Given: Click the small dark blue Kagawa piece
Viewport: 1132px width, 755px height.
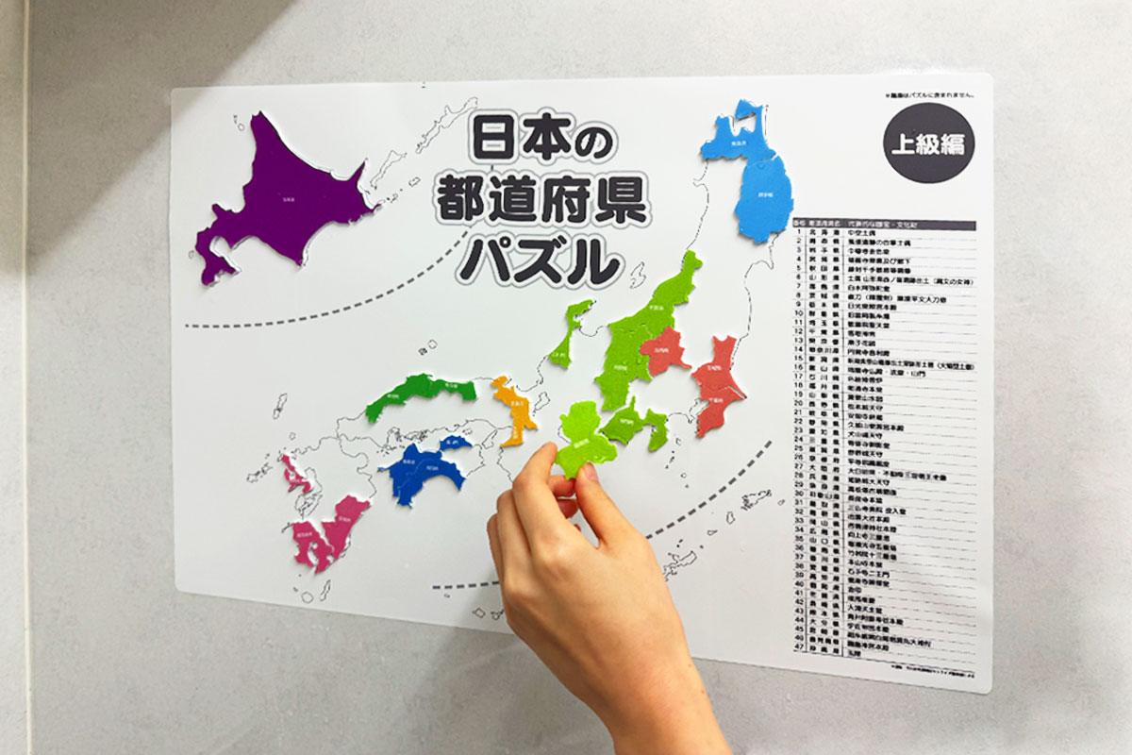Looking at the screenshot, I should [x=456, y=442].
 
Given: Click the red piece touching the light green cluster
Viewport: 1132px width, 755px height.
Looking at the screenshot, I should [x=667, y=351].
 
